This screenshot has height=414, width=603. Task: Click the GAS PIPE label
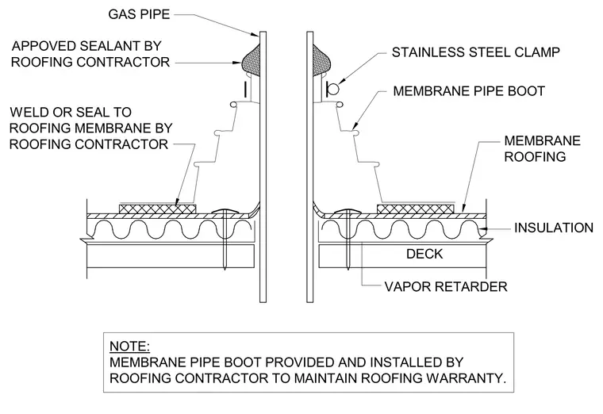[x=139, y=14]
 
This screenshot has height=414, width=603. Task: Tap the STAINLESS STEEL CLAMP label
[x=476, y=52]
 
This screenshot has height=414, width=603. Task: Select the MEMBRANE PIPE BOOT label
[x=469, y=91]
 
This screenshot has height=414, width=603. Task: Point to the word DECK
[x=424, y=254]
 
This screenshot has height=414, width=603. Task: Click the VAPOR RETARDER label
[x=446, y=286]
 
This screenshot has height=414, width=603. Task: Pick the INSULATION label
[x=554, y=228]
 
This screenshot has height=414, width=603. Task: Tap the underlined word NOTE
[x=129, y=347]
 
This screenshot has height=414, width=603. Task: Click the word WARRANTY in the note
[x=466, y=378]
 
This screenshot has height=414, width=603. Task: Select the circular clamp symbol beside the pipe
[x=333, y=89]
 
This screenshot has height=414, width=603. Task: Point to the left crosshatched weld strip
[x=157, y=209]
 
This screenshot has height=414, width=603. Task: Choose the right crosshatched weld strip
[x=415, y=209]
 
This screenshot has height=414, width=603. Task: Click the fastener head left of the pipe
[x=225, y=212]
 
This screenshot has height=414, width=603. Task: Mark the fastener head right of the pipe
[x=348, y=212]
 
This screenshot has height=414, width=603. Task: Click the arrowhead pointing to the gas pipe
[x=255, y=35]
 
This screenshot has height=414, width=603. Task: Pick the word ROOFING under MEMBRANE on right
[x=535, y=157]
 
